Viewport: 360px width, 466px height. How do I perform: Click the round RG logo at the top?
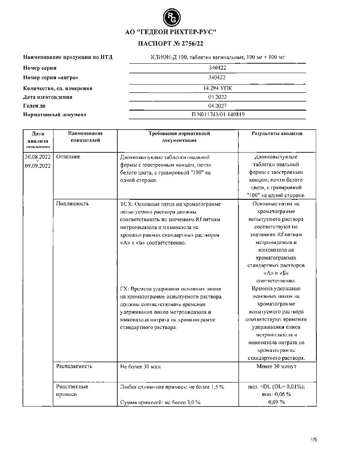[x=172, y=18]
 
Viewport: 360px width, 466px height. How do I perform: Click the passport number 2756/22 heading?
[x=171, y=43]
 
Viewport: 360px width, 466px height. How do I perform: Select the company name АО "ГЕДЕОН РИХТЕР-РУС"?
[x=171, y=32]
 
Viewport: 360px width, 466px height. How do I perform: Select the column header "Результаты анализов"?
[x=277, y=133]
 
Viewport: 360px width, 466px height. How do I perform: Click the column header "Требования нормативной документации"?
[x=178, y=137]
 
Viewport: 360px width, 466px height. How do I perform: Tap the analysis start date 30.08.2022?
[x=38, y=157]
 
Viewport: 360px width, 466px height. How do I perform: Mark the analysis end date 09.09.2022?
[x=38, y=166]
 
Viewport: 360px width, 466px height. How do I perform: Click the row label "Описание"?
[x=68, y=157]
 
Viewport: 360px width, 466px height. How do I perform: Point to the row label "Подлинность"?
[x=72, y=204]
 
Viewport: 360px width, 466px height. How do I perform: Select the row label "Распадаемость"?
[x=74, y=366]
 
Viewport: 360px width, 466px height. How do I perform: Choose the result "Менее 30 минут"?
[x=277, y=366]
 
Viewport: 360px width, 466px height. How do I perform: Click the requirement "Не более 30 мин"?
[x=140, y=366]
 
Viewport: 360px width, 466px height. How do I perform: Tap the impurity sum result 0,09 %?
[x=277, y=402]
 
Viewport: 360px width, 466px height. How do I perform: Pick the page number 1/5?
[x=313, y=440]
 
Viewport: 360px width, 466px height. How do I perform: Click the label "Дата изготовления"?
[x=47, y=97]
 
